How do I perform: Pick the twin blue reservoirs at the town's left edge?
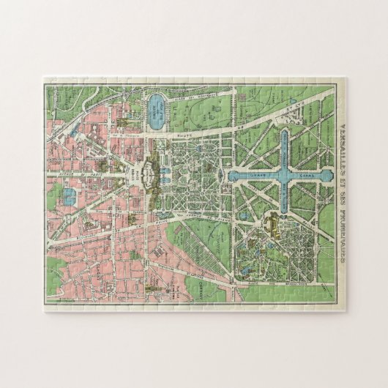point(68,195)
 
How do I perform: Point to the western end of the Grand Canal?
point(231,177)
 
